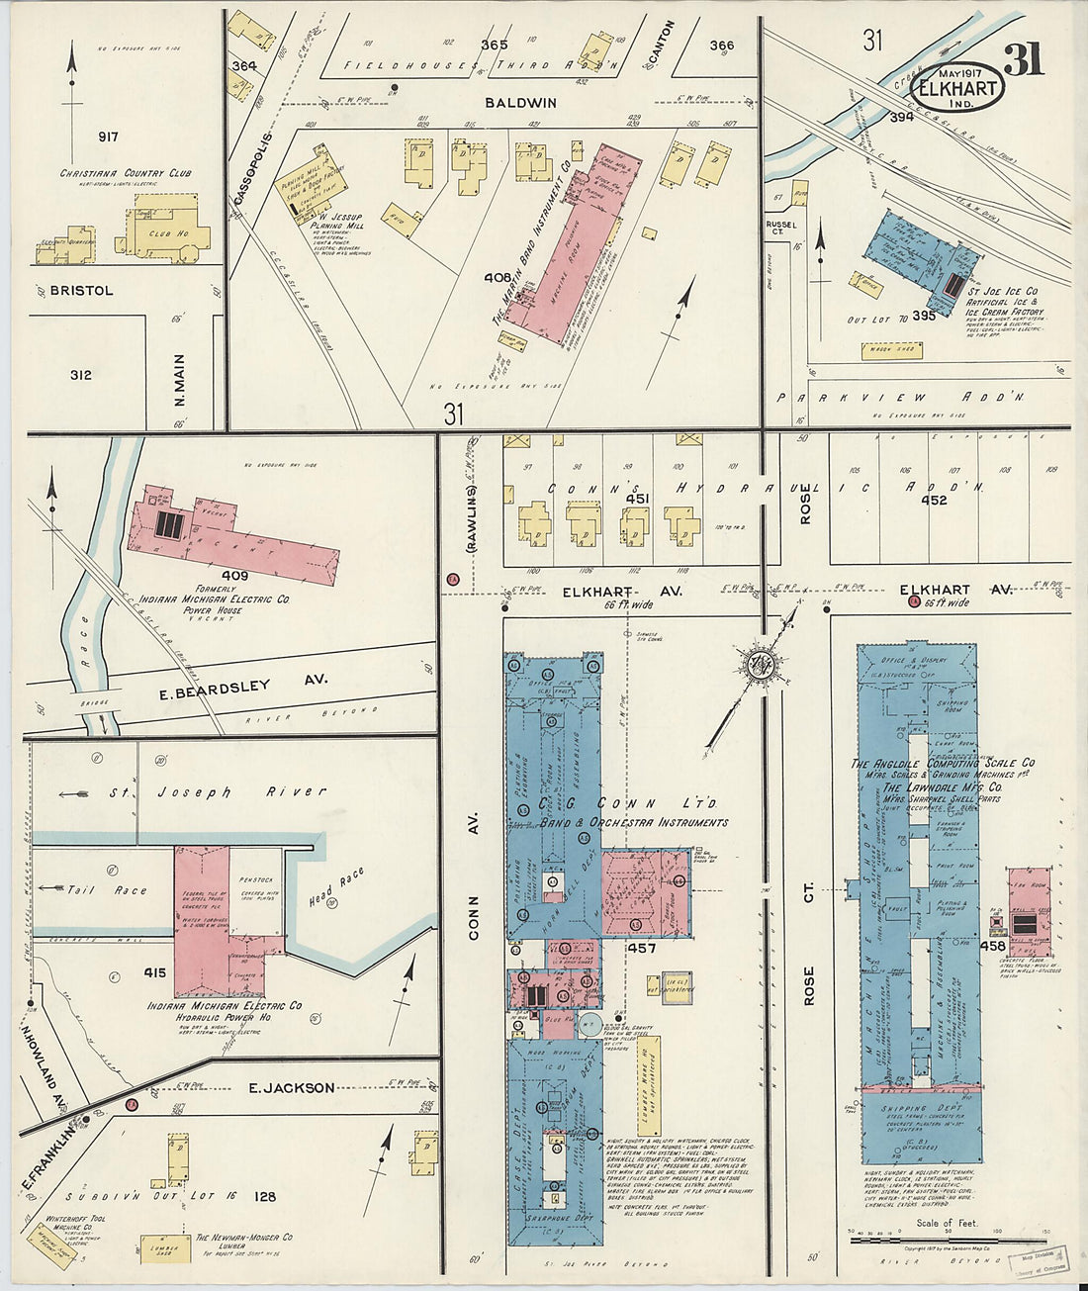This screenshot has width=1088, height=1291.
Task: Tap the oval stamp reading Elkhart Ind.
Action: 956,86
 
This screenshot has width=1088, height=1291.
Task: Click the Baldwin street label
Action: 520,103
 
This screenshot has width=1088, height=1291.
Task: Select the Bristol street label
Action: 82,291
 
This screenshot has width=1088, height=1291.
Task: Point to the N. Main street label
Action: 181,381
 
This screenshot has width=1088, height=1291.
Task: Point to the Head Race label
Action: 339,887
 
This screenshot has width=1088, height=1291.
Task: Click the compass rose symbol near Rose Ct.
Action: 762,664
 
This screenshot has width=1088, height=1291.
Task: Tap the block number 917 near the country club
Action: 108,137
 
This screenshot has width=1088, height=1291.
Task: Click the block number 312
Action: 81,375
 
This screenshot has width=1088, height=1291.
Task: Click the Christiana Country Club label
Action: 126,173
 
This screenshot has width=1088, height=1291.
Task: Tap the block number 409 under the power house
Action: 234,575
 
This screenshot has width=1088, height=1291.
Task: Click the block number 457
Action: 640,949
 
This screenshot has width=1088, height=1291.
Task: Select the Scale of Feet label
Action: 948,1224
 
